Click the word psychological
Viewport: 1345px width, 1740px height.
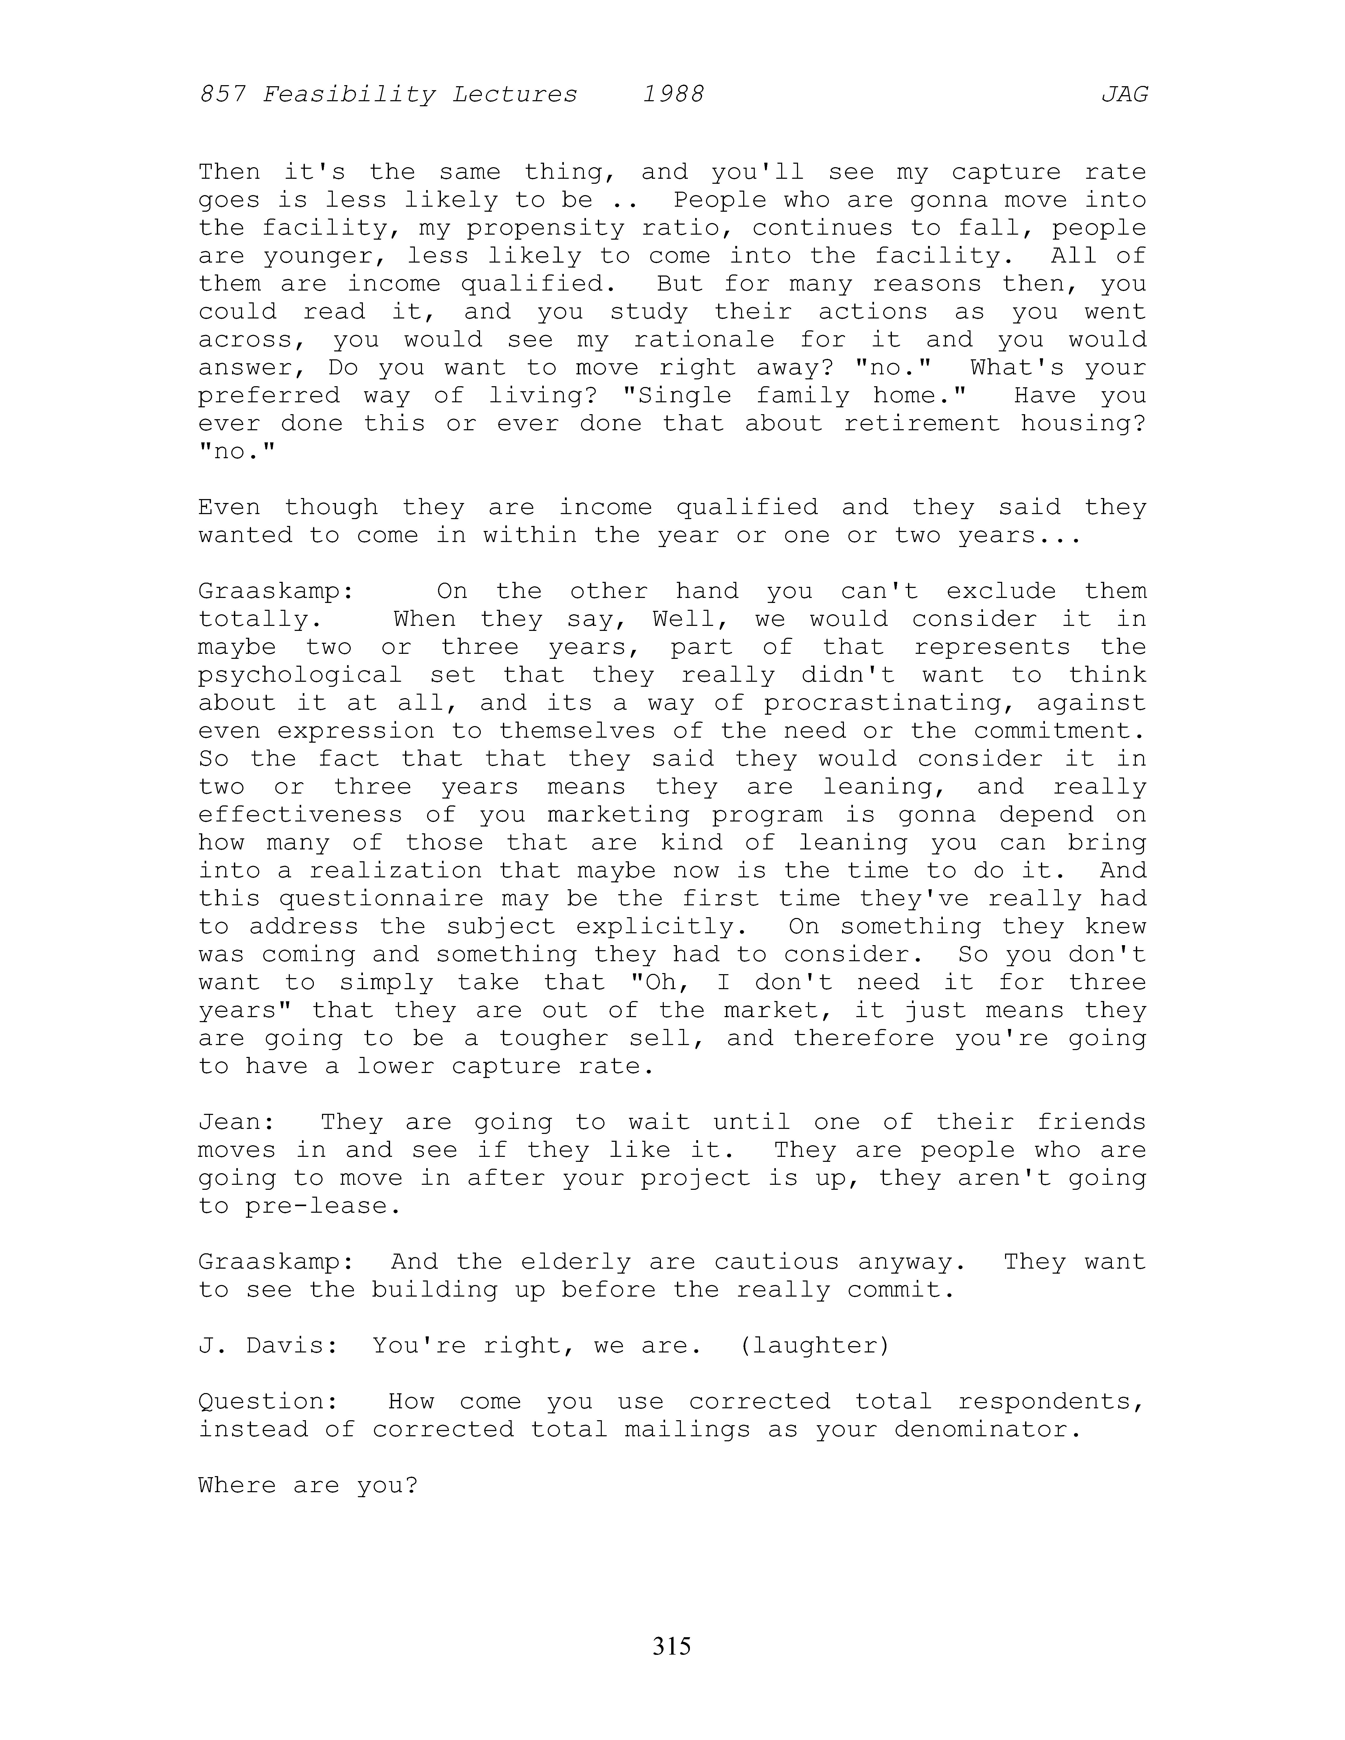300,676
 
